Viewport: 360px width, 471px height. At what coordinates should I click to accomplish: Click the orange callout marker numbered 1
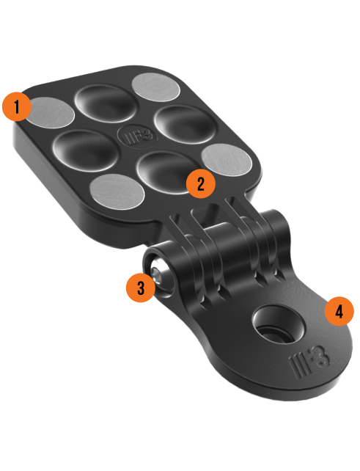[17, 106]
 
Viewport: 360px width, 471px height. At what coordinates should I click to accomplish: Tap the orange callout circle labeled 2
[201, 183]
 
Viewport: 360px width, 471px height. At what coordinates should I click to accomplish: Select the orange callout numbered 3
[141, 288]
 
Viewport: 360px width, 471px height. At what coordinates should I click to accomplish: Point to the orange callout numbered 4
[339, 312]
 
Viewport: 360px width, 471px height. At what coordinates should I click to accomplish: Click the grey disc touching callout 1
[51, 112]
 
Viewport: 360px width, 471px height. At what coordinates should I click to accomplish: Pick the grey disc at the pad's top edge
[156, 87]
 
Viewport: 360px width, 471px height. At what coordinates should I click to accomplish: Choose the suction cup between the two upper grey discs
[106, 103]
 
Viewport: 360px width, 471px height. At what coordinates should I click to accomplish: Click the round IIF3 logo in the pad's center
[138, 137]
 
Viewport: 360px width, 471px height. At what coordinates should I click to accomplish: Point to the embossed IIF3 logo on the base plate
[309, 360]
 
